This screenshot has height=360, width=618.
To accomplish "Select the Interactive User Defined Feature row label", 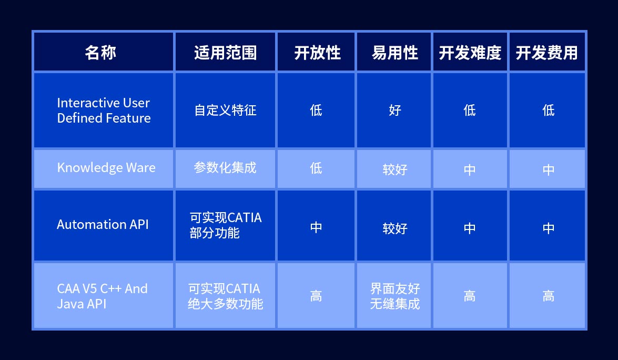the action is (104, 111).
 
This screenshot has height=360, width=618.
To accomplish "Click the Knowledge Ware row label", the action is (106, 167).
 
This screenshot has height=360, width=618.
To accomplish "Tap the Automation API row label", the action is (103, 224).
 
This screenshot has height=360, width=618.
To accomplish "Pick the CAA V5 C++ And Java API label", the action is (102, 296).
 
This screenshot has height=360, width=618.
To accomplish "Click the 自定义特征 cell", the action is (226, 110).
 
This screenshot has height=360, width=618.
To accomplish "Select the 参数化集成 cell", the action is (225, 167).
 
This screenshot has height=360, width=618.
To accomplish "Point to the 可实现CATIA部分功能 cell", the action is (226, 225).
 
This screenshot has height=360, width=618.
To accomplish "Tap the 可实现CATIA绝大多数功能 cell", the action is (226, 296).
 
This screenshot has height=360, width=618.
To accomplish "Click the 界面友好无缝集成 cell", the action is (395, 296).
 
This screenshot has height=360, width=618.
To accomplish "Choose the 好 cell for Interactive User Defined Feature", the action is (395, 110).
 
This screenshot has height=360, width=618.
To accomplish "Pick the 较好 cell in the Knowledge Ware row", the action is (395, 169).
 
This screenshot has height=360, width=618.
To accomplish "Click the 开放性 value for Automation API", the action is (316, 227).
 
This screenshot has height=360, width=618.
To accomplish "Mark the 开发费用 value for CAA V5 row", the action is (548, 296).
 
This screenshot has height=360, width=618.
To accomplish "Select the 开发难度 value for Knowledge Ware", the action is (469, 170).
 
